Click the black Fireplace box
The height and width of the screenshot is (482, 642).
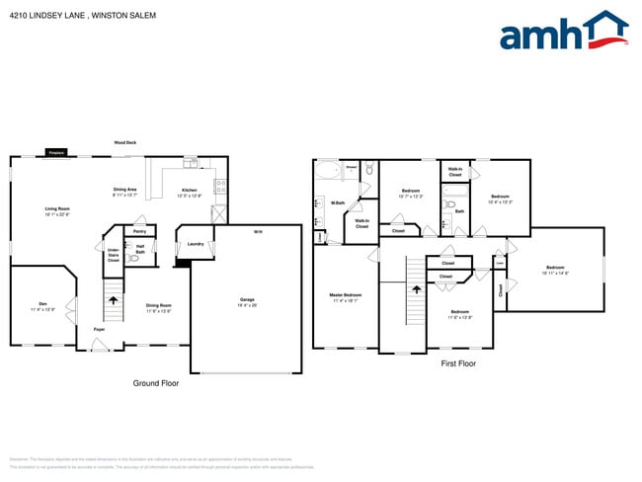[56, 153]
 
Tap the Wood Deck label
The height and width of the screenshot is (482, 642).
[124, 142]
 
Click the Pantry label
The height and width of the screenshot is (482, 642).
[139, 232]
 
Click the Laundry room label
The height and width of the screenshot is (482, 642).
[196, 244]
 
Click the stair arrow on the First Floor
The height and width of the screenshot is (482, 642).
[416, 289]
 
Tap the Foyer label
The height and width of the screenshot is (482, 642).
[100, 329]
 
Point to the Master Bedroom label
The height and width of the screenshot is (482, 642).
[345, 295]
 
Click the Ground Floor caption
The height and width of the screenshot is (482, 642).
[156, 382]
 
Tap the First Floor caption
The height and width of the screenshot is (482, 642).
[458, 363]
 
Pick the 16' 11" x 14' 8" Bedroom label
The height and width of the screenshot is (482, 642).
[555, 269]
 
